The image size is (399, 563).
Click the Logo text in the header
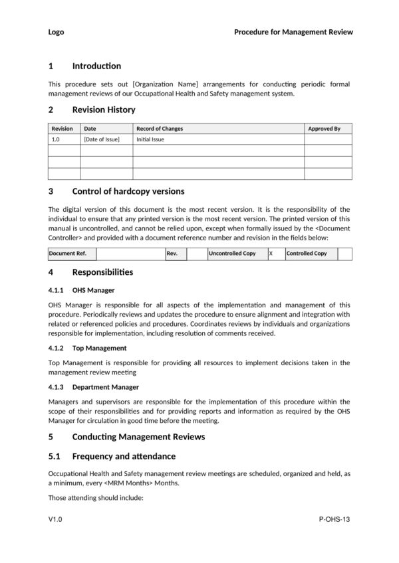coord(56,32)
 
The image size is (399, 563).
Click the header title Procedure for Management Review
coord(293,32)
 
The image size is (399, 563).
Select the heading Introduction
coord(96,66)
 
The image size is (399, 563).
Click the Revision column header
coord(63,129)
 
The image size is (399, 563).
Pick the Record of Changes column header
coord(160,129)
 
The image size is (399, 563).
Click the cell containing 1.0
coord(56,140)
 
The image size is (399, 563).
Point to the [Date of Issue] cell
coord(102,140)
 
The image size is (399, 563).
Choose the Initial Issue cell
coord(150,140)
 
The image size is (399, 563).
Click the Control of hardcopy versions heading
coord(128,191)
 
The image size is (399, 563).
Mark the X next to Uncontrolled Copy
coord(271,254)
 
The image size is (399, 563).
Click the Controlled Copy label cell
coord(307,254)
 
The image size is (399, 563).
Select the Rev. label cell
coord(172,254)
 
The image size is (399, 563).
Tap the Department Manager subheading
coord(106,386)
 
